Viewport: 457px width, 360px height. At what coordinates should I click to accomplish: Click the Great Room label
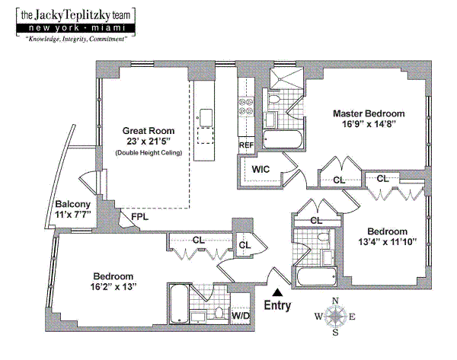pyautogui.click(x=149, y=131)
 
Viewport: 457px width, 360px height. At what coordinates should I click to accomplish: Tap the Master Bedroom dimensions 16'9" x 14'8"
pyautogui.click(x=369, y=124)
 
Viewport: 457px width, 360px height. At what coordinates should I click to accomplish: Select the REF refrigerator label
pyautogui.click(x=246, y=145)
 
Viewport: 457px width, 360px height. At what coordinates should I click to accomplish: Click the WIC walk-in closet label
pyautogui.click(x=260, y=169)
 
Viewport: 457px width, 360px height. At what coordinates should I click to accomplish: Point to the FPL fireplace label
pyautogui.click(x=139, y=217)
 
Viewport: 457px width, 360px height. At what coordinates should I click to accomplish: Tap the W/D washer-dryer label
pyautogui.click(x=241, y=315)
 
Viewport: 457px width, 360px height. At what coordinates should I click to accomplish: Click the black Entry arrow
pyautogui.click(x=278, y=292)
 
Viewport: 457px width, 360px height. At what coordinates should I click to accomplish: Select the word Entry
pyautogui.click(x=277, y=305)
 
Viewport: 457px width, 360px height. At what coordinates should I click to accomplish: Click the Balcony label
pyautogui.click(x=73, y=204)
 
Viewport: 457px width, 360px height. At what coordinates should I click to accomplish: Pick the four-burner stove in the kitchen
pyautogui.click(x=246, y=107)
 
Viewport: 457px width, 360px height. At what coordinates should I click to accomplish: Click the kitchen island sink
pyautogui.click(x=206, y=118)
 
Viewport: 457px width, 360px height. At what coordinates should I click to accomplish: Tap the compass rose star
pyautogui.click(x=336, y=316)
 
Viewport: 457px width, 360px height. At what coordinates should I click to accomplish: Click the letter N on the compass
pyautogui.click(x=335, y=301)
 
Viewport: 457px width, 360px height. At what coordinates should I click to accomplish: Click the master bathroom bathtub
pyautogui.click(x=283, y=139)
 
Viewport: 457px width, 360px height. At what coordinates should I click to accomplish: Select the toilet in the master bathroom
pyautogui.click(x=274, y=99)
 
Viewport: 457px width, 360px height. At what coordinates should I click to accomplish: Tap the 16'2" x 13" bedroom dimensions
pyautogui.click(x=113, y=287)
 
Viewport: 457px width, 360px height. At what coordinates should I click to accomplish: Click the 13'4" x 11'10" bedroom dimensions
pyautogui.click(x=388, y=242)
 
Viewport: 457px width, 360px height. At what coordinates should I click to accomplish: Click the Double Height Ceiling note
pyautogui.click(x=149, y=153)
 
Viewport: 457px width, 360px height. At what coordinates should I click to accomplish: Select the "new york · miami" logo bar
pyautogui.click(x=75, y=28)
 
